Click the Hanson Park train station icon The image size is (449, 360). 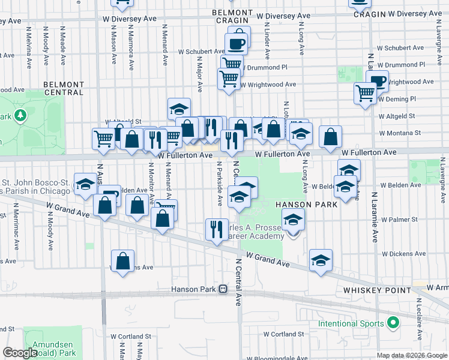pyautogui.click(x=223, y=289)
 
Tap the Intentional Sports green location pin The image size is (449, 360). pyautogui.click(x=393, y=323)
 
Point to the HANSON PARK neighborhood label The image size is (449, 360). pyautogui.click(x=305, y=204)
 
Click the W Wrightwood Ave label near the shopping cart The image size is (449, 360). pyautogui.click(x=269, y=85)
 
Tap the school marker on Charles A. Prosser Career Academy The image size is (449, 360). pyautogui.click(x=293, y=220)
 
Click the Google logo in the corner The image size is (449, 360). pyautogui.click(x=20, y=353)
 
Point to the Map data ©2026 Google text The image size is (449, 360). pyautogui.click(x=411, y=355)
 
